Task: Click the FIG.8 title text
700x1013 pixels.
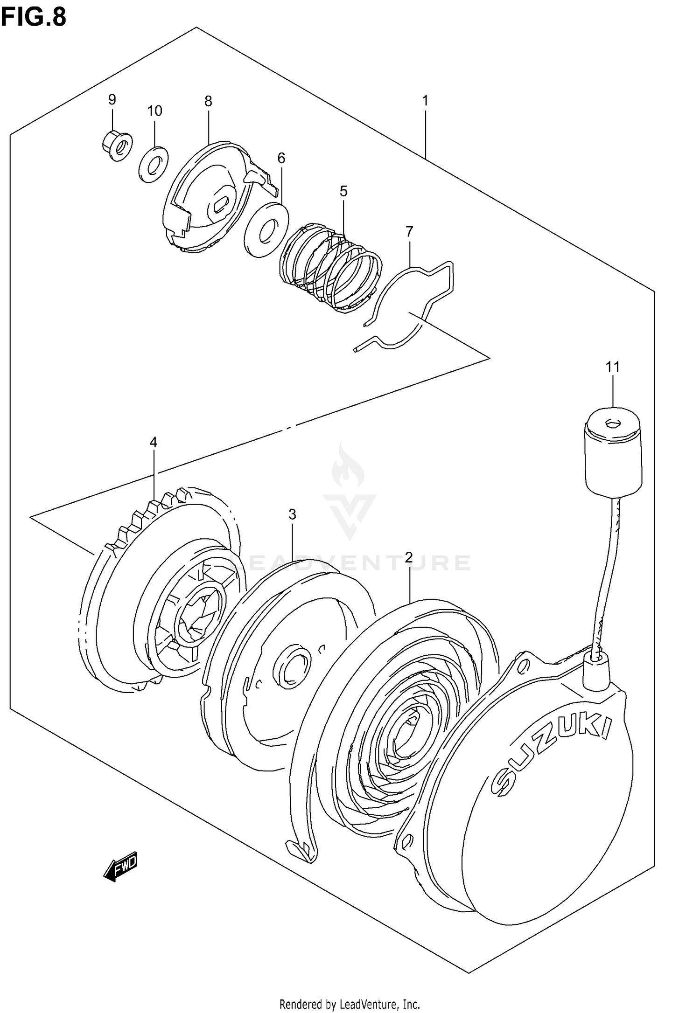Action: click(x=34, y=17)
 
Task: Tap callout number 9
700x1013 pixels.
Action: click(x=112, y=99)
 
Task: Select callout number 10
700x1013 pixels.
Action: click(x=154, y=111)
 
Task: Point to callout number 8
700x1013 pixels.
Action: click(x=208, y=101)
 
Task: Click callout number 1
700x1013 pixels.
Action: click(x=425, y=101)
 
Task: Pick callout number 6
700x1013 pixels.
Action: click(x=281, y=158)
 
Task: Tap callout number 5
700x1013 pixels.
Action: click(x=343, y=191)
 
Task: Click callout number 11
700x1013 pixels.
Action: click(x=613, y=367)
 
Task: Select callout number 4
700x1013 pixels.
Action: click(x=154, y=442)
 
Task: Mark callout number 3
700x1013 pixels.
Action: click(x=292, y=514)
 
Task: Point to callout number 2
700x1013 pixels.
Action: click(x=409, y=557)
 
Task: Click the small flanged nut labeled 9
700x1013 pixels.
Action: click(x=117, y=145)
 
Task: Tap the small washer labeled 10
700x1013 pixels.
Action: click(x=154, y=163)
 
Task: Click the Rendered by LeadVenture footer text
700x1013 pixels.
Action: click(x=350, y=1002)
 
